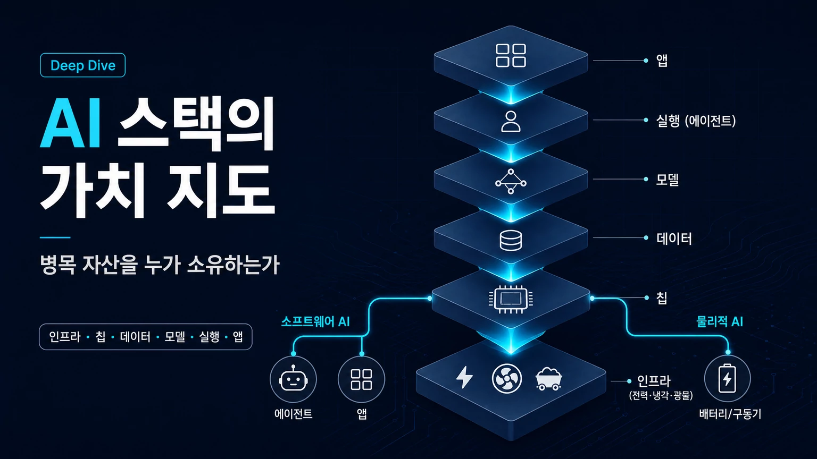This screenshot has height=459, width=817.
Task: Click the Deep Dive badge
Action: (x=83, y=65)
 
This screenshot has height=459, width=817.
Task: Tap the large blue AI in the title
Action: (x=70, y=124)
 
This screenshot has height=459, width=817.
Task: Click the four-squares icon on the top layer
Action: (x=511, y=56)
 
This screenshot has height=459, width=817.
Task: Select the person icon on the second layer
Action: (x=511, y=121)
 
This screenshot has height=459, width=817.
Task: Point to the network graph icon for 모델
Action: (x=511, y=181)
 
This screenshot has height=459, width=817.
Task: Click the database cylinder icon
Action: (x=511, y=241)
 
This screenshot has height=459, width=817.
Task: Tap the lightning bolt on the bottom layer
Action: (x=465, y=377)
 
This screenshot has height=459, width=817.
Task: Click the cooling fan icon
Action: (x=506, y=378)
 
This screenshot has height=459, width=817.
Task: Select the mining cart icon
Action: (x=548, y=379)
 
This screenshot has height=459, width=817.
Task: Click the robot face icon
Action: (x=293, y=379)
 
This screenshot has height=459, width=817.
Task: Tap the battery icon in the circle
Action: (x=727, y=378)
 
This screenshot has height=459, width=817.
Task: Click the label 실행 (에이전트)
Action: (x=696, y=121)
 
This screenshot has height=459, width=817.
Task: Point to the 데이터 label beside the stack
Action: (x=674, y=239)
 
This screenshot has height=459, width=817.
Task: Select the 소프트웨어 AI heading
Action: (x=315, y=321)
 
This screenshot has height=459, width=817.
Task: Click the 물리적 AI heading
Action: (x=719, y=321)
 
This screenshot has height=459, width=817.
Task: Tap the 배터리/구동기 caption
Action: (x=730, y=414)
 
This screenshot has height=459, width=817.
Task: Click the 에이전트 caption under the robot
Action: (x=293, y=414)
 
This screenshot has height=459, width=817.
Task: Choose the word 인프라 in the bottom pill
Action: (x=64, y=337)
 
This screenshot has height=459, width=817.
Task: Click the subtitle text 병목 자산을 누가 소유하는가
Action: (x=160, y=265)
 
